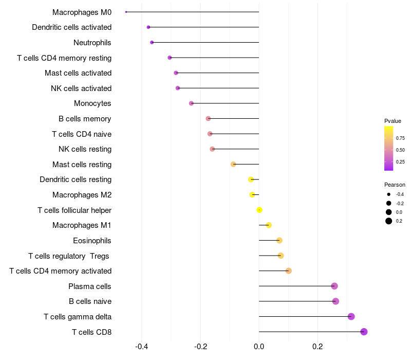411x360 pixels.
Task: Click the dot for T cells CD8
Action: (x=364, y=332)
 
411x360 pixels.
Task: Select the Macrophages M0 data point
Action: (x=126, y=12)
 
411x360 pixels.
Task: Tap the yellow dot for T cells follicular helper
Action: (x=259, y=210)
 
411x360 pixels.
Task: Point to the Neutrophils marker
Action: (x=152, y=42)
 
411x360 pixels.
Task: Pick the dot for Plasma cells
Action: (x=334, y=286)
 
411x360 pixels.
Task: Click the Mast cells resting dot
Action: (x=233, y=164)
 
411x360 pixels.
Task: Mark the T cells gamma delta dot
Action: (x=351, y=316)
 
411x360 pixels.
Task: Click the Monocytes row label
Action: (x=92, y=103)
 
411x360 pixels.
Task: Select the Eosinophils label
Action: (x=92, y=240)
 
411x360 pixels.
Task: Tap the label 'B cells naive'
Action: (x=90, y=301)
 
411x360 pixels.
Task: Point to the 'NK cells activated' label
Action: (x=81, y=88)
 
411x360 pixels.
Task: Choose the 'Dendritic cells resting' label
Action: (x=76, y=179)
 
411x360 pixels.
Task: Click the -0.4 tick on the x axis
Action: (x=142, y=347)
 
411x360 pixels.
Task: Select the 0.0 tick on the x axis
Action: (x=259, y=347)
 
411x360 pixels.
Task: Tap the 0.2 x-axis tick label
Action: (x=317, y=347)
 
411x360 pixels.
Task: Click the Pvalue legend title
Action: (x=393, y=121)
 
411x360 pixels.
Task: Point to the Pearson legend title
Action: (x=395, y=185)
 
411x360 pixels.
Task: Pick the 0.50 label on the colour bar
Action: (x=400, y=150)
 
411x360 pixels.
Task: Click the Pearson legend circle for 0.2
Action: (x=389, y=221)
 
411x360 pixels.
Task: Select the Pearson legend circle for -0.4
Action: (x=389, y=194)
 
